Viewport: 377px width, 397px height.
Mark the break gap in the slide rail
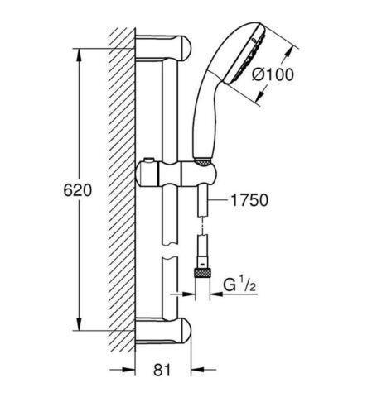coord(169,252)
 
